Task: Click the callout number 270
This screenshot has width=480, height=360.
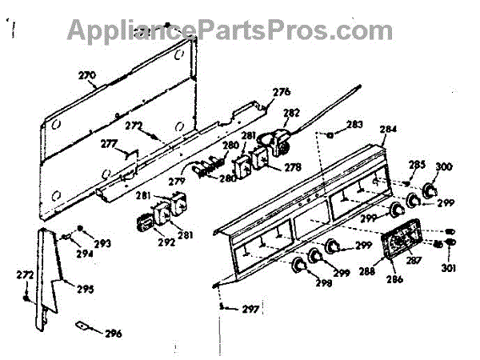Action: click(x=86, y=78)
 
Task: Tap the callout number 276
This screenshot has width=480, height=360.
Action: click(x=281, y=92)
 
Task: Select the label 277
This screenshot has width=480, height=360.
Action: click(x=109, y=144)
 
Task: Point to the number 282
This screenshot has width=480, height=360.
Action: click(x=292, y=114)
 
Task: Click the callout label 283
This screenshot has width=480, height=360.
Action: click(x=354, y=125)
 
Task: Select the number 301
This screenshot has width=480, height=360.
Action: click(x=449, y=268)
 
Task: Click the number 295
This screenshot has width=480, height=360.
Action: click(x=84, y=288)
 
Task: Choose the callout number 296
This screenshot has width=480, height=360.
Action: click(x=113, y=334)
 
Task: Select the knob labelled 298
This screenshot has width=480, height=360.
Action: click(x=298, y=264)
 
